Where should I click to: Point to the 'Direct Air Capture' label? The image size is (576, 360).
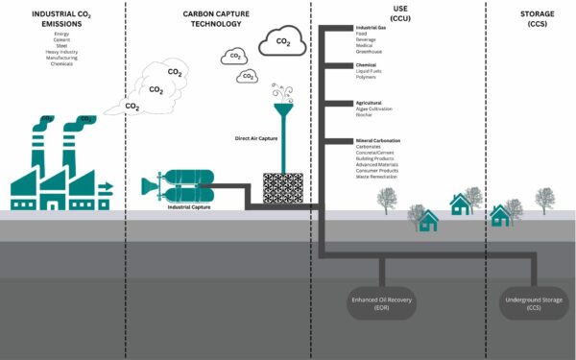coord(256,138)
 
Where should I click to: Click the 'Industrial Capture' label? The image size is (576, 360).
coord(190,206)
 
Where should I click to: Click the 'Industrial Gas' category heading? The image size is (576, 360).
coord(372,28)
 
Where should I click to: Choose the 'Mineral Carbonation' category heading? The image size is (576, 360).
coord(378,141)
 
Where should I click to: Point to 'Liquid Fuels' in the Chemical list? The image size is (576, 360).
coord(371,72)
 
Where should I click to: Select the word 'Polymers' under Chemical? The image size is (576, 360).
coord(368,79)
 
